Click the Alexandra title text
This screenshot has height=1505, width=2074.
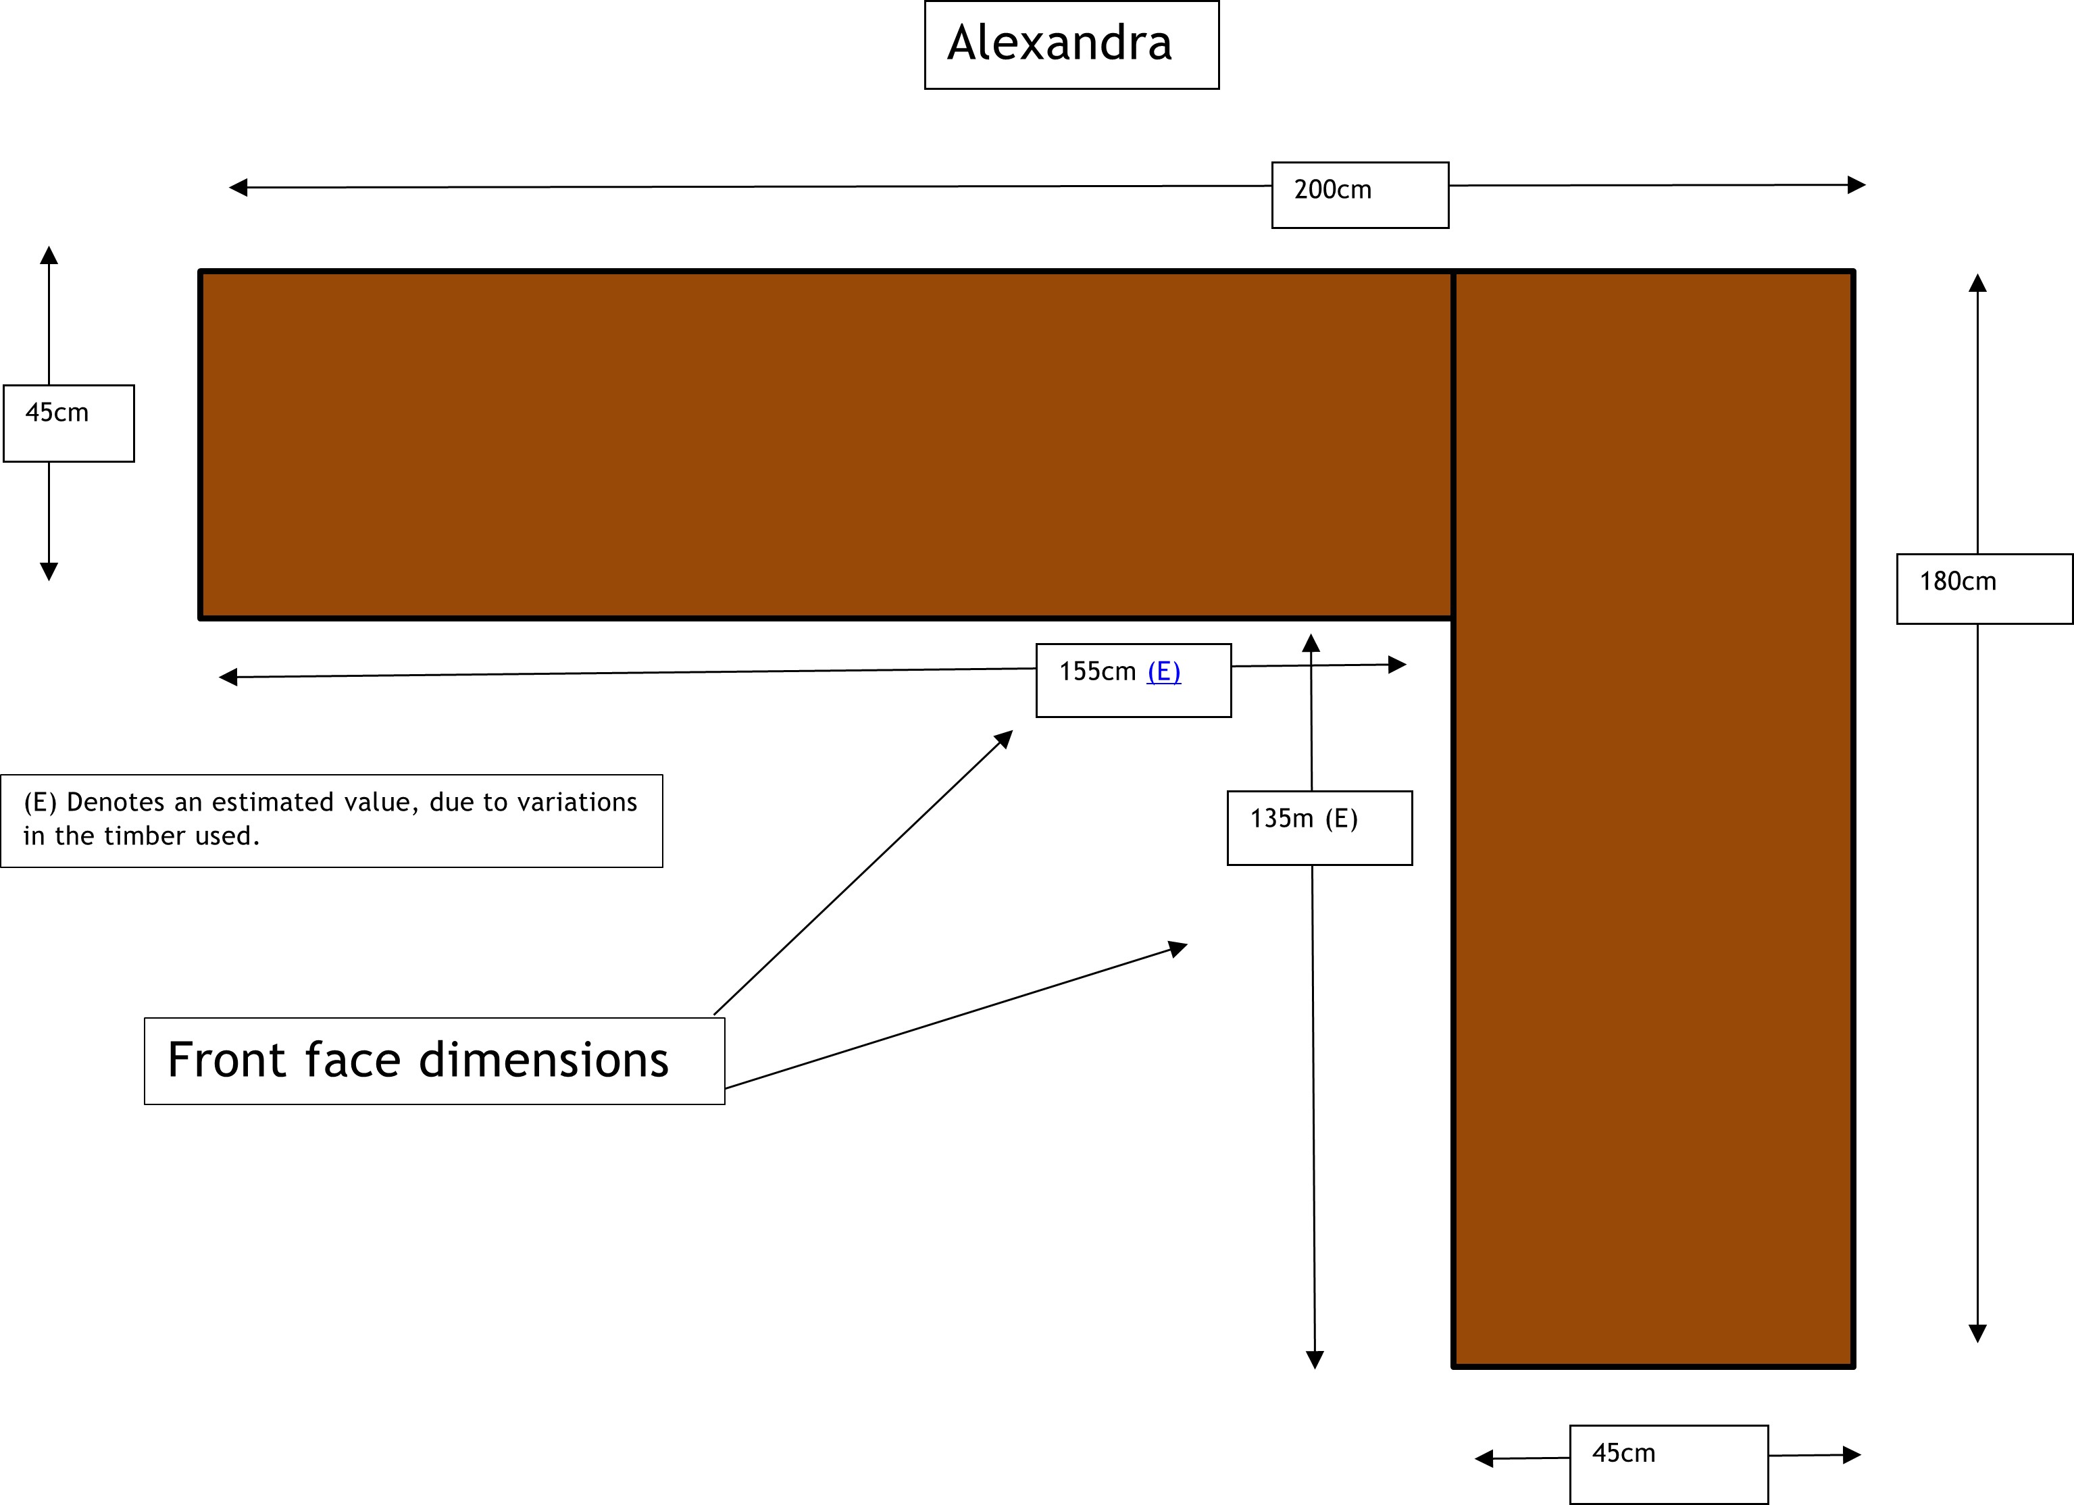(1059, 43)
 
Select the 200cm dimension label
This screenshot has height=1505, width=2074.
(1332, 190)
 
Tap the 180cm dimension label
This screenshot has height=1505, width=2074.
(1957, 582)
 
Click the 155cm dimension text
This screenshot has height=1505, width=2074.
(1096, 672)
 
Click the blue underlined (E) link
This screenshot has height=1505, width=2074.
(1163, 672)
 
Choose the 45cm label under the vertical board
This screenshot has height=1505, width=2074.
(1623, 1453)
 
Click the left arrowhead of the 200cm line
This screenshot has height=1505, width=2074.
(238, 187)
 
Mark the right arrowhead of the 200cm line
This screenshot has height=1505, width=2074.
(1856, 184)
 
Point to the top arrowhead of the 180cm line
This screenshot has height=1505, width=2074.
(1977, 282)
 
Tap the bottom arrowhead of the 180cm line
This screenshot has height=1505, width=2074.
(1977, 1333)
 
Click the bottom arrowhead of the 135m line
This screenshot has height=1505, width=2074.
(1314, 1360)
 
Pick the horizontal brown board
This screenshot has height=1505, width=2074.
(823, 444)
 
